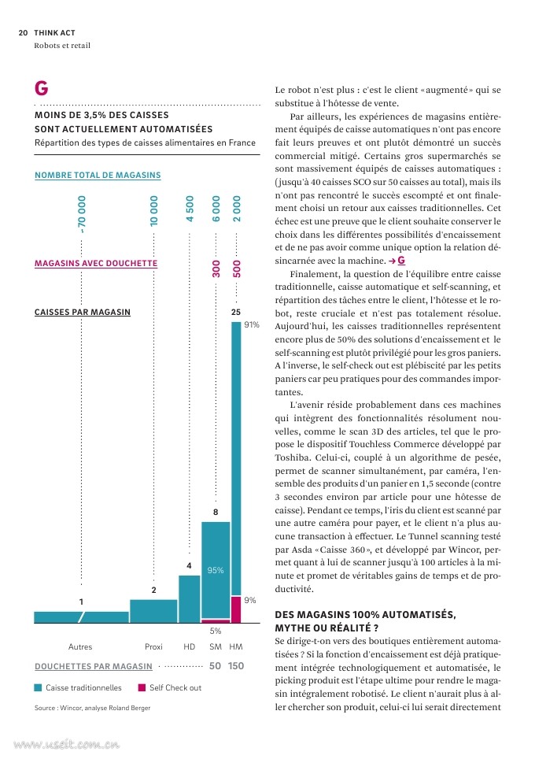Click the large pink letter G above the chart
pos(42,88)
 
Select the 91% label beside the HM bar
pos(252,324)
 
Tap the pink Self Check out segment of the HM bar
pos(235,609)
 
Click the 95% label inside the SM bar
pos(216,570)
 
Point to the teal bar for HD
pos(189,599)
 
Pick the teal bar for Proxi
pos(153,611)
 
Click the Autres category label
pos(80,646)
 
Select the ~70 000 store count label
pos(82,214)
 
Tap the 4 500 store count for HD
pos(190,209)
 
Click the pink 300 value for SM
pos(216,268)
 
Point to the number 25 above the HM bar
pos(235,313)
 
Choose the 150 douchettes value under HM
pos(235,666)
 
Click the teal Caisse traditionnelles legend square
pos(39,687)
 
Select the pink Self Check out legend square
pos(142,687)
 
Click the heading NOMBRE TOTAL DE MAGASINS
pos(98,176)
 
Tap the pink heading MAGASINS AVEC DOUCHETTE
pos(96,263)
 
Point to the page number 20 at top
pos(23,33)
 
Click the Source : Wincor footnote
pos(92,708)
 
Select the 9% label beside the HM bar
pos(249,600)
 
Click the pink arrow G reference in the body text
pos(397,261)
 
